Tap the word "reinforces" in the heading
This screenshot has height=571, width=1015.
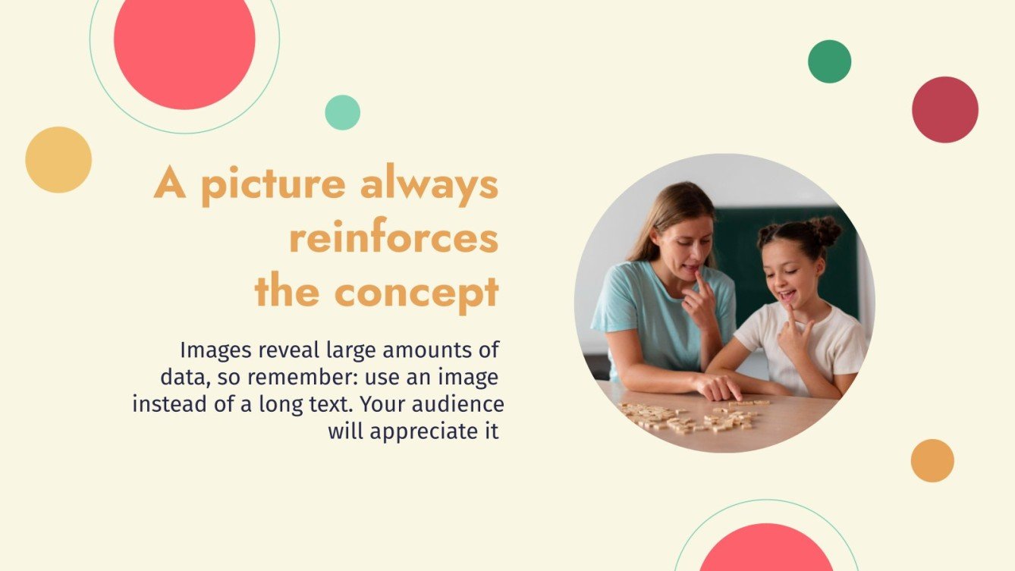(394, 238)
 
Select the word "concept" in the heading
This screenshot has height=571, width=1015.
(416, 291)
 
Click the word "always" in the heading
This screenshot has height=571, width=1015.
(429, 185)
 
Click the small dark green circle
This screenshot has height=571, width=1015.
(829, 61)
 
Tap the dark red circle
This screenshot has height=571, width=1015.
(944, 109)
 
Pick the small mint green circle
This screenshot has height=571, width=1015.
(342, 112)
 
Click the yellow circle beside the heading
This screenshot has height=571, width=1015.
(58, 159)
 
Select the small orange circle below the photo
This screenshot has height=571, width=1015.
(932, 460)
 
